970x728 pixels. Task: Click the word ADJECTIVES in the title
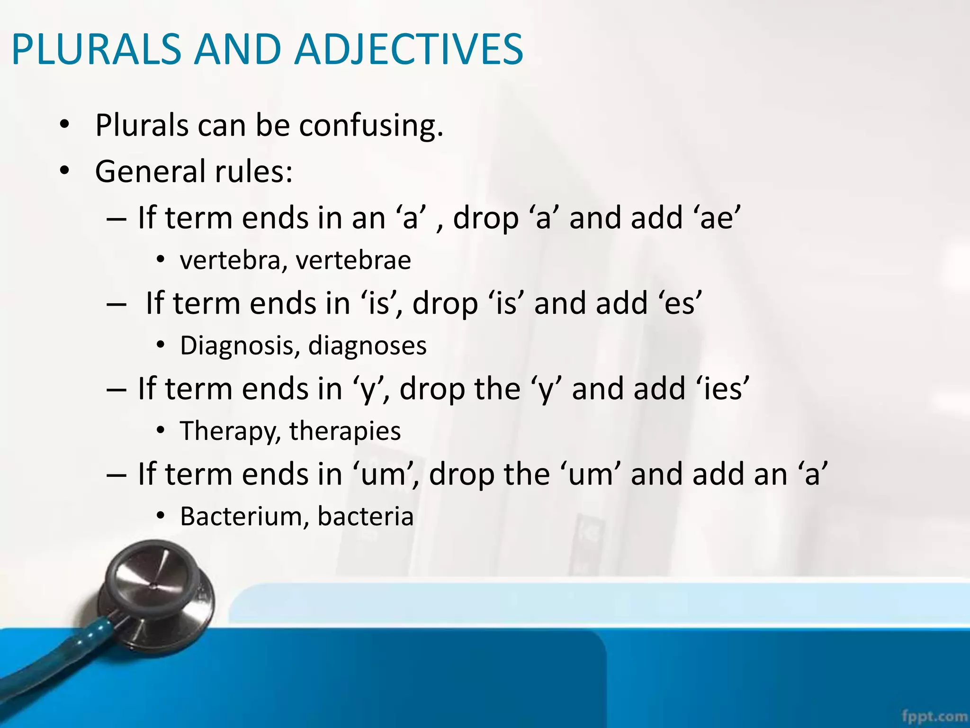(x=408, y=49)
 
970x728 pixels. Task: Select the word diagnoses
(x=368, y=346)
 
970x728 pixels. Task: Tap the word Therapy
(x=230, y=431)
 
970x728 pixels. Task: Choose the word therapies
(x=345, y=431)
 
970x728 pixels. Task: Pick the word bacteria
(x=366, y=516)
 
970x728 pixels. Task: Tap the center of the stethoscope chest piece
(x=154, y=587)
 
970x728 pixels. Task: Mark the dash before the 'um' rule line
(x=117, y=474)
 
